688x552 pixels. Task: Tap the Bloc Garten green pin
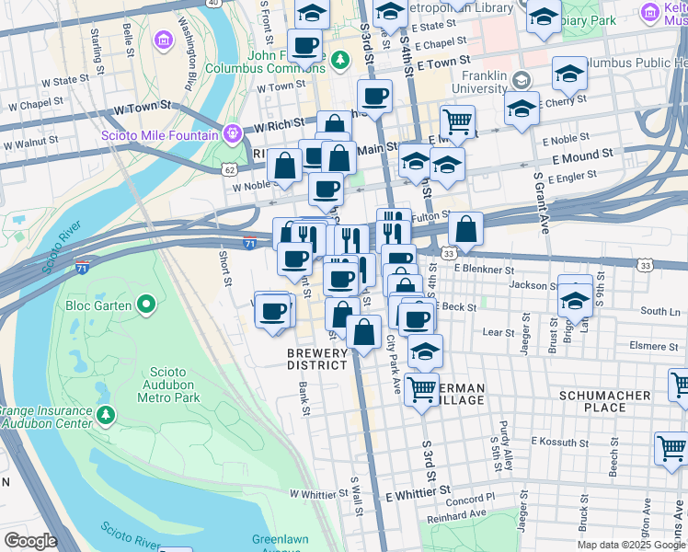point(145,304)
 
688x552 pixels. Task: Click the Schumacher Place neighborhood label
point(605,400)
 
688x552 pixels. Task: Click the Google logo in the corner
point(29,541)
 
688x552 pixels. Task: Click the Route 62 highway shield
point(229,168)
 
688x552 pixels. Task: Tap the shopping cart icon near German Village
point(422,388)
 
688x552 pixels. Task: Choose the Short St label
point(225,268)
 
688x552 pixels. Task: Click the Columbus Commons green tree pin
point(341,61)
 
